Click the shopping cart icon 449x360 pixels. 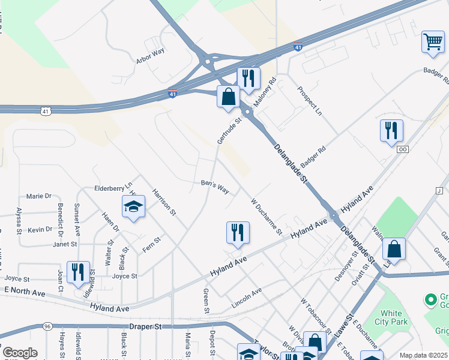[x=432, y=42]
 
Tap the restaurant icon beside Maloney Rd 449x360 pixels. [x=248, y=79]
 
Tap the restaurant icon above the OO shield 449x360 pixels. [x=391, y=131]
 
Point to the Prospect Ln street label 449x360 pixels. [x=310, y=100]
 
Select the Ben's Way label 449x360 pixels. [x=214, y=187]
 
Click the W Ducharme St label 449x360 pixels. [x=266, y=217]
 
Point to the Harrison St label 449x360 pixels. [x=163, y=202]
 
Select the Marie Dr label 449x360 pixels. [x=40, y=196]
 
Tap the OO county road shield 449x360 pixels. [x=402, y=149]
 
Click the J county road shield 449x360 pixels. [x=439, y=191]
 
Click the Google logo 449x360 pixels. [x=20, y=353]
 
